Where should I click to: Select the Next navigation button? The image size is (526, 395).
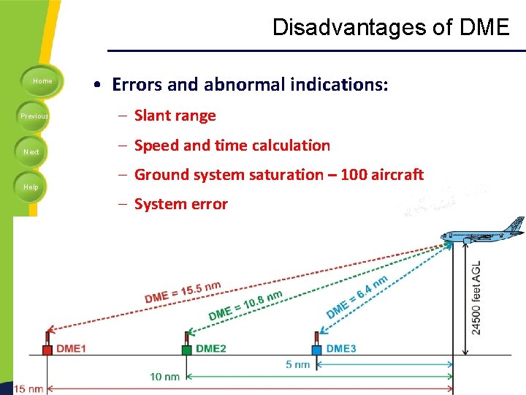point(31,152)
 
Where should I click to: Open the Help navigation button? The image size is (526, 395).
point(31,187)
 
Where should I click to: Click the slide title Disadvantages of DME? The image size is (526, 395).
point(390,28)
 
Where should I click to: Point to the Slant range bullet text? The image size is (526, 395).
point(175,116)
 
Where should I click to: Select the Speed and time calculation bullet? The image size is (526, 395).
point(232,146)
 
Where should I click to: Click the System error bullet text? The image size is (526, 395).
point(181,204)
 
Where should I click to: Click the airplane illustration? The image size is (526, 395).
point(484,233)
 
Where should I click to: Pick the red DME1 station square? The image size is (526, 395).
point(47,350)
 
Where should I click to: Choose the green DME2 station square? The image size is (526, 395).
point(187,350)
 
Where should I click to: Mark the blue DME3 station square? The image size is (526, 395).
point(316,350)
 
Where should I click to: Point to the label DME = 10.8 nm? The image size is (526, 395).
point(245,305)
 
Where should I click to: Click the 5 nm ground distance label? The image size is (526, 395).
point(297,364)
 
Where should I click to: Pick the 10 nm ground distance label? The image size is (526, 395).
point(165,377)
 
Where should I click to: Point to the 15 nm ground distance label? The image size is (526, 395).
point(28,388)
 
